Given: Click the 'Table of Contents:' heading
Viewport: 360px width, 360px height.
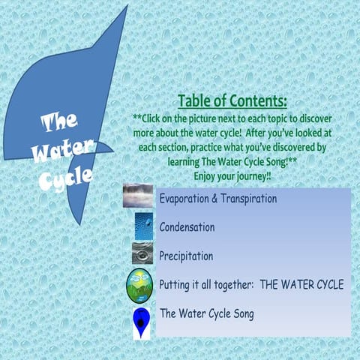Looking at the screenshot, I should coord(232,102).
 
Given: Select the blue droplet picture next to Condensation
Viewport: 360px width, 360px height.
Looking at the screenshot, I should coord(143,226).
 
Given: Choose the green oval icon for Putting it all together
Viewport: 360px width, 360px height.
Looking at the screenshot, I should coord(140,285).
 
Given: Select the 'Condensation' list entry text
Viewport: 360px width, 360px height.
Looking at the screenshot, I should coord(187,226).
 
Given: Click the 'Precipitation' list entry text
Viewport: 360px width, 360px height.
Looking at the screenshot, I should coord(186,256).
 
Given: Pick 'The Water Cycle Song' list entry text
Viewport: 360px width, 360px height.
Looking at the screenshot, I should coord(206,313).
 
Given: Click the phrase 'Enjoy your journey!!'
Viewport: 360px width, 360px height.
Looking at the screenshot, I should coord(232,173).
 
